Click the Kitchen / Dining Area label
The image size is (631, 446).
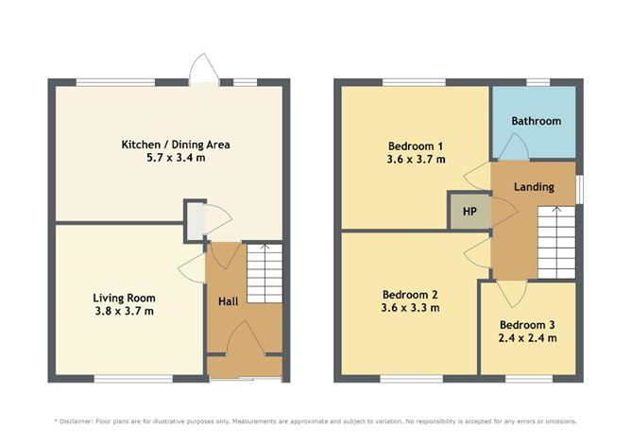coord(176,145)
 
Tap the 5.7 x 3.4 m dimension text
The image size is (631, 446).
coord(176,159)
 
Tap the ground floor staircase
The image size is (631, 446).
coord(264,273)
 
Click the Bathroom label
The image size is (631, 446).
coord(536,121)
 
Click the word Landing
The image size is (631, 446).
coord(533,186)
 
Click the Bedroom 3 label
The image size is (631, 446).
coord(527,324)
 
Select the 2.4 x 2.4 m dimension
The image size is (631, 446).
coord(527,338)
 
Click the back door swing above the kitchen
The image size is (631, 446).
coord(203,69)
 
